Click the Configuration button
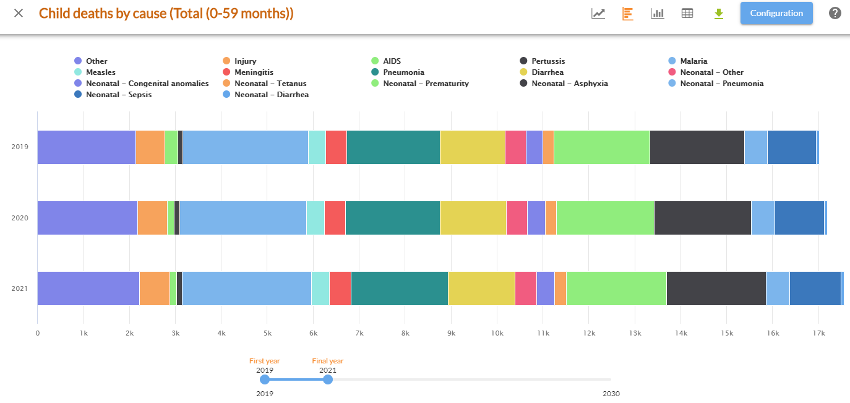tap(776, 13)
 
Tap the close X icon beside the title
tap(19, 13)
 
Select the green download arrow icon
tap(718, 14)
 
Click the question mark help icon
tap(835, 13)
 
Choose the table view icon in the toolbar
tap(687, 14)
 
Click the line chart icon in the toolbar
tap(598, 14)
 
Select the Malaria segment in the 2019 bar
tap(245, 147)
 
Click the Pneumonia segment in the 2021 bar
tap(399, 288)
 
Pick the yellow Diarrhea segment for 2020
tap(473, 218)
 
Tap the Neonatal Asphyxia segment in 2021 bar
tap(716, 288)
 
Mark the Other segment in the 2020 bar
tap(87, 218)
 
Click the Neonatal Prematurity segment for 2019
tap(601, 147)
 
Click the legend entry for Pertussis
tap(547, 61)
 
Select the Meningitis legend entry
tap(254, 72)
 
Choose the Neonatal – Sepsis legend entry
tap(118, 95)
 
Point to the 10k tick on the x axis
tap(497, 334)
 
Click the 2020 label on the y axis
tap(20, 218)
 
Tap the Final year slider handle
tap(328, 379)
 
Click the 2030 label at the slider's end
tap(611, 394)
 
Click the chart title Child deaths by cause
tap(166, 13)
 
